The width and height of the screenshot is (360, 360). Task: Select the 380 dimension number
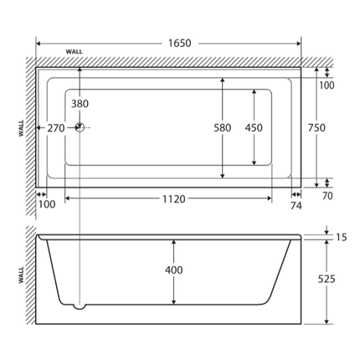click(80, 104)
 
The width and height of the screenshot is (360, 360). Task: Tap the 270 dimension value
click(56, 128)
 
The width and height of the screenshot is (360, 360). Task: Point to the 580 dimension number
click(222, 128)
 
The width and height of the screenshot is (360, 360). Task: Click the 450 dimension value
click(254, 128)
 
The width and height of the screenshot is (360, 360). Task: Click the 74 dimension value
click(295, 203)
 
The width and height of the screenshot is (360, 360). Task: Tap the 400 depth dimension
click(173, 270)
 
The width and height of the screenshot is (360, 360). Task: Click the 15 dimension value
click(341, 238)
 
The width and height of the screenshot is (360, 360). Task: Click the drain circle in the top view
click(80, 128)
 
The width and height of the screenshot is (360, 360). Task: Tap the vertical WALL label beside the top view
click(21, 128)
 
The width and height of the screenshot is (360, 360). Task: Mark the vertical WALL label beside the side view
click(21, 275)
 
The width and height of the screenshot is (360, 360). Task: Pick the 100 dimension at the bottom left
click(47, 203)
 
